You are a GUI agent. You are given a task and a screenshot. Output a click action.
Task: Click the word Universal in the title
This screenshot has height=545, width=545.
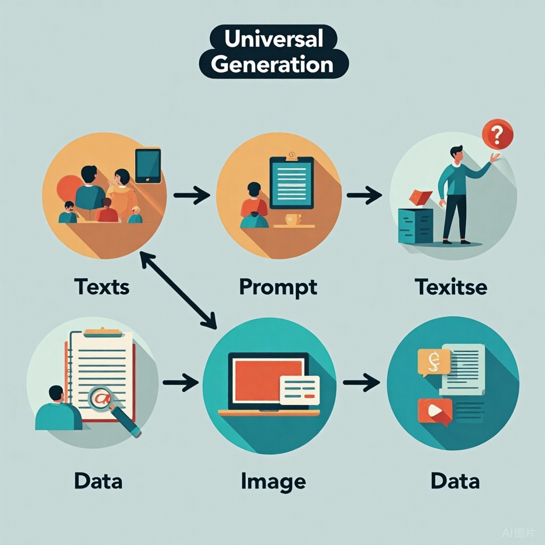(273, 39)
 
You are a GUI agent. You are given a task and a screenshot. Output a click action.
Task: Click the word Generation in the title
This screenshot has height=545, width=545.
(273, 64)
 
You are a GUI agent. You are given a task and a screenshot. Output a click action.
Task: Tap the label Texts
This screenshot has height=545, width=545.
(102, 287)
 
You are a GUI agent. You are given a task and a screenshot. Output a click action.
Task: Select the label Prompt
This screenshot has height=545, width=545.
(278, 287)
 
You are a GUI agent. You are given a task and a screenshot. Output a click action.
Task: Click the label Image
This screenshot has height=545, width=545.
(273, 481)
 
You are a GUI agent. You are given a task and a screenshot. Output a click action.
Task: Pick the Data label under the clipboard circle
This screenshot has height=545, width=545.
(98, 481)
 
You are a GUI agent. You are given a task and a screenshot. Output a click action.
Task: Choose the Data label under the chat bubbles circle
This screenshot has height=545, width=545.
(455, 481)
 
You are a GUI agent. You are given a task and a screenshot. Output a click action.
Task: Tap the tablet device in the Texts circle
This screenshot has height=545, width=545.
(148, 165)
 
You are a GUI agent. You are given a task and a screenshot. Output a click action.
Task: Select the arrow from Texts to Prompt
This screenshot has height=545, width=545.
(192, 195)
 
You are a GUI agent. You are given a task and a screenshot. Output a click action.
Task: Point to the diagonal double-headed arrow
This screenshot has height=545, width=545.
(178, 290)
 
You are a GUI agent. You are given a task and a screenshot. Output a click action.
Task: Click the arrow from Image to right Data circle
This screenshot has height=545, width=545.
(361, 382)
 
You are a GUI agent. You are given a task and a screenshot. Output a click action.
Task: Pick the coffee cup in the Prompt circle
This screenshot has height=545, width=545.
(293, 219)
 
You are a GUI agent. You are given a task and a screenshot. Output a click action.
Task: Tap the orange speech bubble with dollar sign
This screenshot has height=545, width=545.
(434, 362)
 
